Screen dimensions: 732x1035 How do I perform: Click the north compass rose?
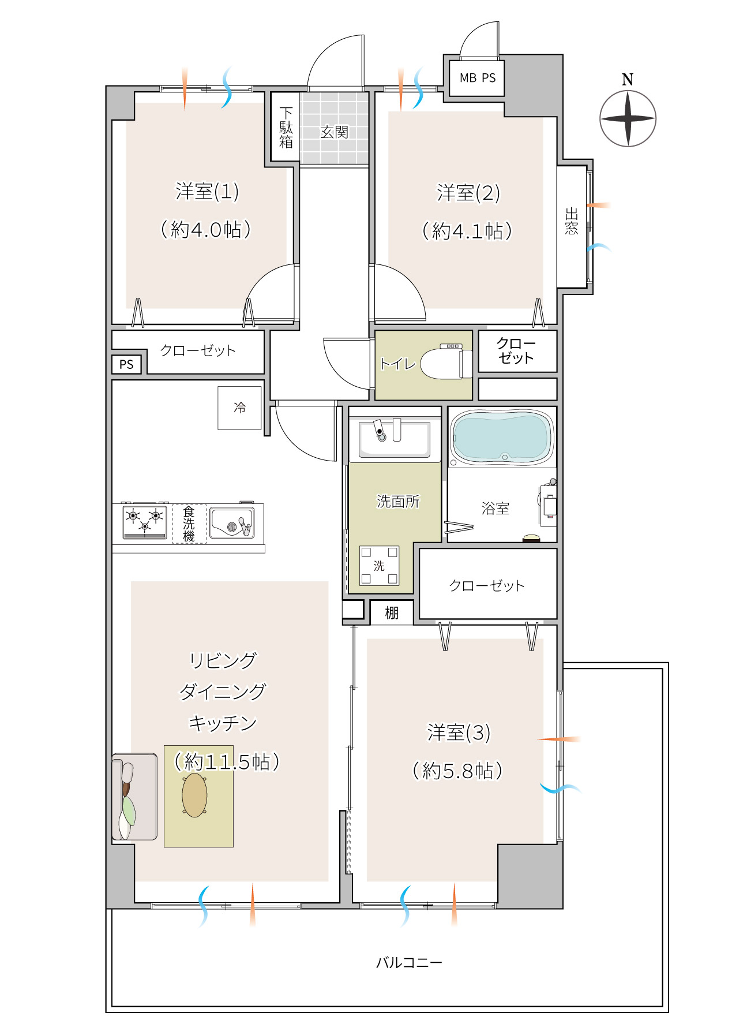click(628, 118)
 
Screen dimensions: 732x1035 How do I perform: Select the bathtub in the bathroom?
click(501, 437)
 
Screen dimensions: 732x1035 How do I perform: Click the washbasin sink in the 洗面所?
click(395, 439)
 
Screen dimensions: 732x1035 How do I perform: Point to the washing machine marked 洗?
click(379, 566)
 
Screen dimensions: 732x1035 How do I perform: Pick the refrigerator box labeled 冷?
click(239, 408)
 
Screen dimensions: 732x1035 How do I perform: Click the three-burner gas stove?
click(144, 521)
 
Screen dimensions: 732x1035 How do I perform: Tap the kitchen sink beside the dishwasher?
click(231, 522)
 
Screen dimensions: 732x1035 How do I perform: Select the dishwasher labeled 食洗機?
click(189, 524)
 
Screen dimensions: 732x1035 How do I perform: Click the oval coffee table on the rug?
click(195, 795)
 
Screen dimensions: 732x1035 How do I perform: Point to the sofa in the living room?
click(134, 797)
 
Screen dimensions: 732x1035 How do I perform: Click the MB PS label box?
click(477, 78)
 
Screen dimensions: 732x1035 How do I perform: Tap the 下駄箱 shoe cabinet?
click(286, 127)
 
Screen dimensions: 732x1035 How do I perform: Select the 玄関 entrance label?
click(335, 132)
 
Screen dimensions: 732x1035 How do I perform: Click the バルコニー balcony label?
click(409, 962)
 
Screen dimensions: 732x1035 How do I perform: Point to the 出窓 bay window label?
click(571, 221)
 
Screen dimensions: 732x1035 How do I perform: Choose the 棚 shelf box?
click(392, 612)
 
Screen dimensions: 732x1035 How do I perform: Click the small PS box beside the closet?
click(126, 364)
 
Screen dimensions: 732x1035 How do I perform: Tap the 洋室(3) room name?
click(459, 733)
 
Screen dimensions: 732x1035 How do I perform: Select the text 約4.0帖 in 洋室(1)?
click(206, 230)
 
